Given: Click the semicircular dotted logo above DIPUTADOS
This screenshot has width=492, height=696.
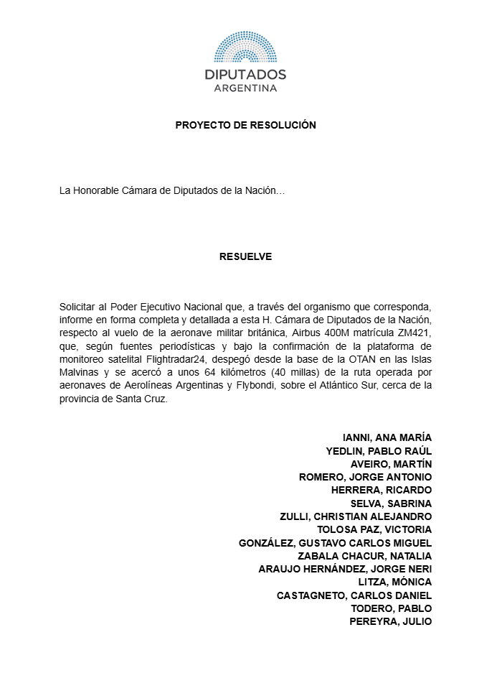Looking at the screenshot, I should coord(245,47).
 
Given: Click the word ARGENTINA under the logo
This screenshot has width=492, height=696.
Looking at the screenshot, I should coord(245,88).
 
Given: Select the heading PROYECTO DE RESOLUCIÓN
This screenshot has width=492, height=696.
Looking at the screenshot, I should coord(245,125).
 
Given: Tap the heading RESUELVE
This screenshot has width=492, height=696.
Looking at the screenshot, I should coord(245,256).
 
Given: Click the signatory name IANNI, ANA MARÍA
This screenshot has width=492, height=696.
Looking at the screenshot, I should coord(387,437).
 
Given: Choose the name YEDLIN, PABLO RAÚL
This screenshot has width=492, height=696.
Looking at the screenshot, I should coord(379,450).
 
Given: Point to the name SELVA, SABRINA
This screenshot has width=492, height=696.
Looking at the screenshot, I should coord(390,504).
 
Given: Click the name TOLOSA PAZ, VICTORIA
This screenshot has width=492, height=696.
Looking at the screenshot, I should coord(374,530).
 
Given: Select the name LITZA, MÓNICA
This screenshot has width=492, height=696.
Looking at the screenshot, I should coord(394,583).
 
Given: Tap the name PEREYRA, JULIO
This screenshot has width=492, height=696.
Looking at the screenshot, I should coord(390,622).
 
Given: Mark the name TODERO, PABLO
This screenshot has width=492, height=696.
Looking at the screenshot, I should coord(391,608).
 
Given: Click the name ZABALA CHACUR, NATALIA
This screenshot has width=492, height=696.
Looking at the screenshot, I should coord(364,556).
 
